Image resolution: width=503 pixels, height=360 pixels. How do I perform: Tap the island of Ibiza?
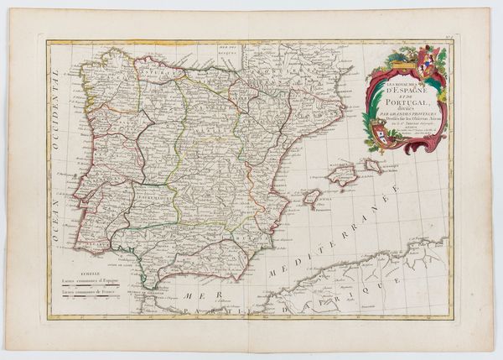click(311, 197)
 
